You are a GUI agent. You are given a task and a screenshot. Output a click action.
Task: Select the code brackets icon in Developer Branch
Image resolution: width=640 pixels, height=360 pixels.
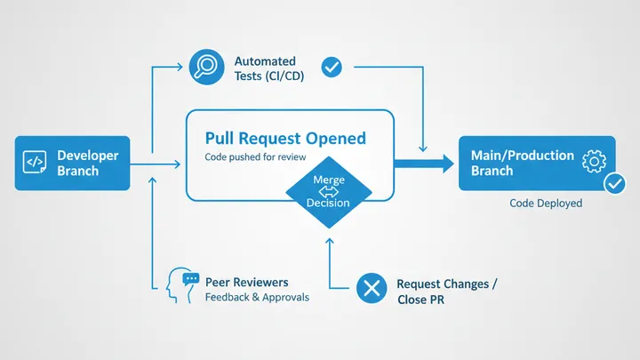34,162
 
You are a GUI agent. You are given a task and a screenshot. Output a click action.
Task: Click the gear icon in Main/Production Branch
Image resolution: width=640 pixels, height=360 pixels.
593,161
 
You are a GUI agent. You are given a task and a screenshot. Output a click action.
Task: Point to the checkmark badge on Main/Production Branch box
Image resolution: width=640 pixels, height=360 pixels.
614,184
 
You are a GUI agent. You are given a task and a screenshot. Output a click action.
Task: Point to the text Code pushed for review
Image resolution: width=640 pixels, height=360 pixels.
255,158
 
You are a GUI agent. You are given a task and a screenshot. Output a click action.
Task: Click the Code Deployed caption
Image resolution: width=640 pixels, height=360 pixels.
546,204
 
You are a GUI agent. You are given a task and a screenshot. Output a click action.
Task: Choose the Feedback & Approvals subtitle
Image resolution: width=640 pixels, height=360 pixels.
257,297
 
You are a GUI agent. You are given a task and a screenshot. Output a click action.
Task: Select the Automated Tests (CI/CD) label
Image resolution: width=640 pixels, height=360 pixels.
268,68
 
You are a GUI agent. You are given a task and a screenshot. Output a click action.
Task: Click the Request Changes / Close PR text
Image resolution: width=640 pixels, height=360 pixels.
446,292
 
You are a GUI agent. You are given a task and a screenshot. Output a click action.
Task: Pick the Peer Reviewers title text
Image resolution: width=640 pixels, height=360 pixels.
246,282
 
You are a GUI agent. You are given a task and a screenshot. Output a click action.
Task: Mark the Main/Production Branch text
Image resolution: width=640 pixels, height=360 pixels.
522,163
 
